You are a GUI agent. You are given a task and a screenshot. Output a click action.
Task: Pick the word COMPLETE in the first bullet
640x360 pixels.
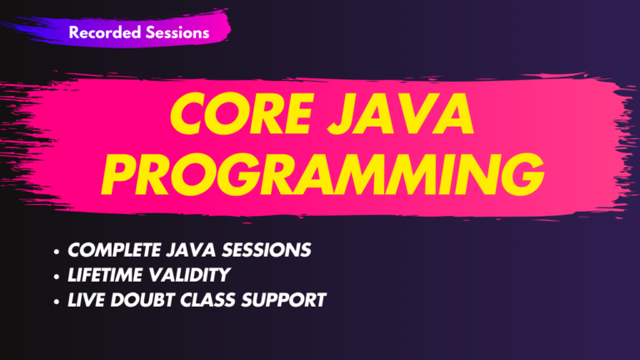coord(111,251)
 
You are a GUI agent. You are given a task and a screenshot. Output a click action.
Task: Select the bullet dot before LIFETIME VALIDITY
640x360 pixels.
coord(56,276)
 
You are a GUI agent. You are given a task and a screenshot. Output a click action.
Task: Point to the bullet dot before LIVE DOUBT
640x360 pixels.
coord(56,300)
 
